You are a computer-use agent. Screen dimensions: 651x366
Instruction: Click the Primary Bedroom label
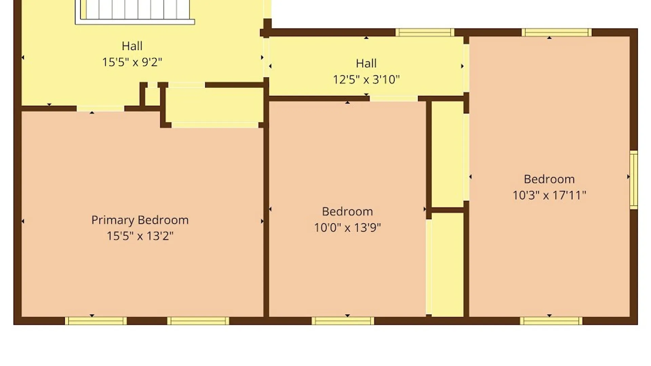[x=140, y=220]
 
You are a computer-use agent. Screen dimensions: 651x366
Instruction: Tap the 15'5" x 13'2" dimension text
[x=140, y=236]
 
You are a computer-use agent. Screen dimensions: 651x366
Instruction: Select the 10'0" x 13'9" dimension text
[x=347, y=227]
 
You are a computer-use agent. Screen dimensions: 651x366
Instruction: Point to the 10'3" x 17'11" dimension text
[x=549, y=195]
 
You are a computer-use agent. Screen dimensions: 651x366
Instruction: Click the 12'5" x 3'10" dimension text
[x=366, y=80]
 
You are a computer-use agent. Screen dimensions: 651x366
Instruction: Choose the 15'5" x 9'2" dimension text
[x=132, y=62]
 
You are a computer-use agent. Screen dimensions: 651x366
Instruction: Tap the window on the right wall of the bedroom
[x=634, y=180]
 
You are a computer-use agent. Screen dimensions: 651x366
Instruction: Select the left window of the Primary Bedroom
[x=96, y=321]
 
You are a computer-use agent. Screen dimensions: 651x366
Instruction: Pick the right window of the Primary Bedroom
[x=198, y=321]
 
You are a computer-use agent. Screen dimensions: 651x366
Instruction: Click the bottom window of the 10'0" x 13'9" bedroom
[x=343, y=321]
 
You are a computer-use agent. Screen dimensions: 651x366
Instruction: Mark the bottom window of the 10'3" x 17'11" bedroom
[x=551, y=321]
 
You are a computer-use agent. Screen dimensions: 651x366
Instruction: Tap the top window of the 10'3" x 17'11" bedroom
[x=556, y=33]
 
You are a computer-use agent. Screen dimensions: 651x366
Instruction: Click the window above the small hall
[x=425, y=33]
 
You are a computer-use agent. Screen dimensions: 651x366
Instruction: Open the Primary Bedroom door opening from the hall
[x=100, y=108]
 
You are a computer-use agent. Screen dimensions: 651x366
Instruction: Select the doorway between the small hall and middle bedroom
[x=394, y=99]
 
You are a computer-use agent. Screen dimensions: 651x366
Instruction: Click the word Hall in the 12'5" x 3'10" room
[x=366, y=63]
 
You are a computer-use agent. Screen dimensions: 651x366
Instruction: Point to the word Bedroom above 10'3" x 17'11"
[x=549, y=179]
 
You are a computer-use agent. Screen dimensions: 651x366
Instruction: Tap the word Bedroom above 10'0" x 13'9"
[x=347, y=211]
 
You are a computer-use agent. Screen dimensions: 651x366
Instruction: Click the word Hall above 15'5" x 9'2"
[x=132, y=46]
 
